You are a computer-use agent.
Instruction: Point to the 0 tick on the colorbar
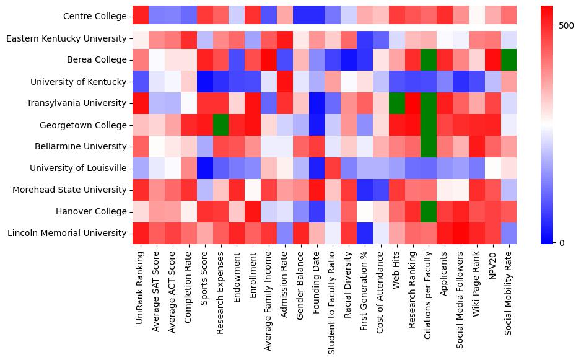point(561,242)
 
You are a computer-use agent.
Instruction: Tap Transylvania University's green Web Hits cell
point(397,103)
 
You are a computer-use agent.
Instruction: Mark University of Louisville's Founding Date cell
point(317,169)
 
